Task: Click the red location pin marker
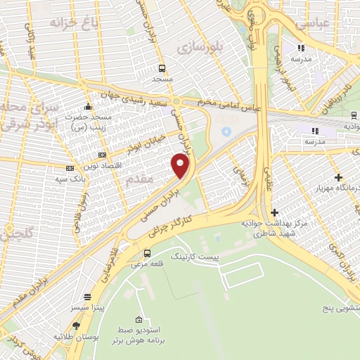181,165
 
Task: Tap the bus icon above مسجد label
162,68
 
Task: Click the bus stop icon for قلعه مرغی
147,253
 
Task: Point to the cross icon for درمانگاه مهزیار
339,177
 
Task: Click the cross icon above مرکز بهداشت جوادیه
274,212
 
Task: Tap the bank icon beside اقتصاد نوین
103,155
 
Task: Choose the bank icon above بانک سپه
70,169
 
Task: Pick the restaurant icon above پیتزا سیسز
87,297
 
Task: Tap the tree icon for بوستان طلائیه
76,326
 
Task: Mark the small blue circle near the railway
226,131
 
